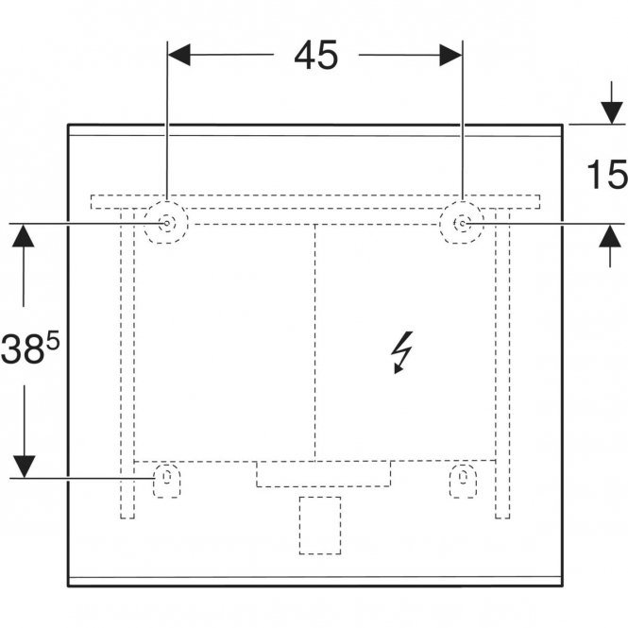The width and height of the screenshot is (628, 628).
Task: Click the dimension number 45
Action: (x=316, y=56)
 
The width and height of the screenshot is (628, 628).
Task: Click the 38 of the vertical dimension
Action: (x=23, y=348)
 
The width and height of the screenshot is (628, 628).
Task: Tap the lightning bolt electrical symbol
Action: (x=402, y=352)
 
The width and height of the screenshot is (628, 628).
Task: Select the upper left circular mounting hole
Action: (x=166, y=223)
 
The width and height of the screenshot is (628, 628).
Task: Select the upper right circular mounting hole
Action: (x=462, y=223)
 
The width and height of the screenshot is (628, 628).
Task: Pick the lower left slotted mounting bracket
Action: (x=166, y=481)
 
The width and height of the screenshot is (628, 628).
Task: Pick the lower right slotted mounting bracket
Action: (x=463, y=481)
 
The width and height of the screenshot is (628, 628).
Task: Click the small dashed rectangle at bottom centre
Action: (x=320, y=525)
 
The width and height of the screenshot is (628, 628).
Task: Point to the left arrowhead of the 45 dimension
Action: (x=178, y=55)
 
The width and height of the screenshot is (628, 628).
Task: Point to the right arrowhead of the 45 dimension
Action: (x=451, y=55)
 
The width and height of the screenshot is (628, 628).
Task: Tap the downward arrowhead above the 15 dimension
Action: (x=611, y=113)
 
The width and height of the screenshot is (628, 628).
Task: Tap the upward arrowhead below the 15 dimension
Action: (x=610, y=236)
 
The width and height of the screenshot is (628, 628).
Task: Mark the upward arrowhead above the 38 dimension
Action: (x=24, y=235)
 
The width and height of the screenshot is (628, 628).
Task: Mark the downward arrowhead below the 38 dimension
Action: (x=24, y=467)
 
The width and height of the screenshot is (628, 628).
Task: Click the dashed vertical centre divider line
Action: (x=315, y=343)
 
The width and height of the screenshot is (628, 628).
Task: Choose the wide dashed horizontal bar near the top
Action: (x=315, y=202)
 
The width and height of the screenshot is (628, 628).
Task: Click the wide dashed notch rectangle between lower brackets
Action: (x=323, y=474)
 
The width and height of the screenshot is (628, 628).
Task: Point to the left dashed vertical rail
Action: (x=127, y=364)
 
